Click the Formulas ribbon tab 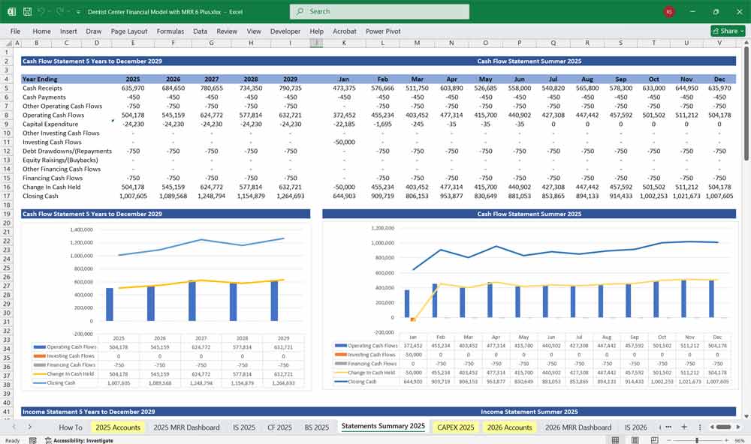pos(170,31)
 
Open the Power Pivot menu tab pos(384,31)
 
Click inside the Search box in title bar pos(379,11)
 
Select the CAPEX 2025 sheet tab pos(456,427)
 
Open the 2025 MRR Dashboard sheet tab pos(186,427)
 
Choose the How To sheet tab pos(71,427)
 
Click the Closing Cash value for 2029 pos(290,196)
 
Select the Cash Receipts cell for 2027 pos(211,88)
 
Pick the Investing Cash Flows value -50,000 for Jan pos(344,142)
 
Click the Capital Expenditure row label pos(50,124)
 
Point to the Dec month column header pos(719,79)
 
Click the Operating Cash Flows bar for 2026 pos(151,304)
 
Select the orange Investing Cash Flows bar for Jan pos(412,319)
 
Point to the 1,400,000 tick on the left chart pos(78,229)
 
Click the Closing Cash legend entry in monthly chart pos(364,382)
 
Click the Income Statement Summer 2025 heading pos(529,412)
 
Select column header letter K pos(344,43)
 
